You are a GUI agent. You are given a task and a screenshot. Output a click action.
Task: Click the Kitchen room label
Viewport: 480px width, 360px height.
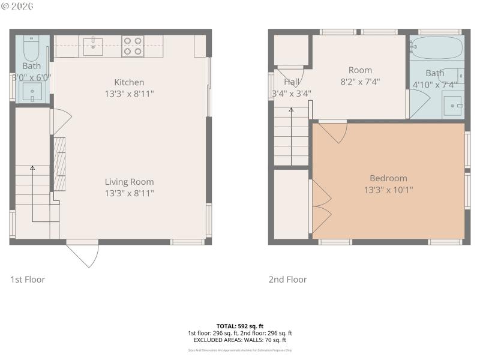coord(129,82)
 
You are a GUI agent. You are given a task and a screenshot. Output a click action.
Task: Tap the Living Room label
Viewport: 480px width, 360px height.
coord(129,182)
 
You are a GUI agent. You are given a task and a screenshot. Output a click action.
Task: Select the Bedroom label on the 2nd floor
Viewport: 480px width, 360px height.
coord(388,178)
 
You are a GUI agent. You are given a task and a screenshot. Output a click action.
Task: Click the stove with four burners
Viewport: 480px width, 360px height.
coord(133,46)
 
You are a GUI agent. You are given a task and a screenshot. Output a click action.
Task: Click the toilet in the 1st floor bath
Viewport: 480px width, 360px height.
coord(31,47)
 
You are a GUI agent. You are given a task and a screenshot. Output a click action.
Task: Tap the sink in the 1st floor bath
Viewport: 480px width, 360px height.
coord(31,92)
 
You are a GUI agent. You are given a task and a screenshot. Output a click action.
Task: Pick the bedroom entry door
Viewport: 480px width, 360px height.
coord(334,131)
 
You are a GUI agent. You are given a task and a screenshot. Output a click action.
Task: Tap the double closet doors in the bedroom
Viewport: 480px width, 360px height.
coord(320,208)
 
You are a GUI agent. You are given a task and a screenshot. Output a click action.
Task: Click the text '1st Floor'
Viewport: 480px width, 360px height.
coord(28,280)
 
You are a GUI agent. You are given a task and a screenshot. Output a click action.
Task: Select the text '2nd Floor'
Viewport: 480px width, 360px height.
coord(287,280)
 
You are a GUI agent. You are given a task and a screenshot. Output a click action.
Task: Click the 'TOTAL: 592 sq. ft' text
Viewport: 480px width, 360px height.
coord(240,326)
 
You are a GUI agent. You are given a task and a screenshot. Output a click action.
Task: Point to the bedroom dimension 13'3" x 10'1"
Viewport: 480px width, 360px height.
coord(388,190)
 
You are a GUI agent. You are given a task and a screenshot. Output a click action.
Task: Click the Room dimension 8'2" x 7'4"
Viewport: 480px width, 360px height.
coord(360,82)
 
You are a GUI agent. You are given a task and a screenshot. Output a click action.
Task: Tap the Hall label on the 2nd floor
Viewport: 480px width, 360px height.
coord(292,82)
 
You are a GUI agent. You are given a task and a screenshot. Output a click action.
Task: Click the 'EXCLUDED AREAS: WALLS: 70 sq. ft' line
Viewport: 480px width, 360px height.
coord(240,340)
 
